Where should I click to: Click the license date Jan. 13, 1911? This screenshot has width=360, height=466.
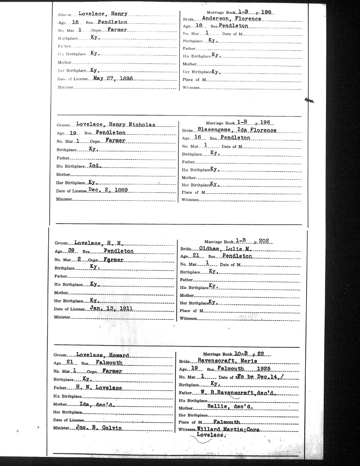111,309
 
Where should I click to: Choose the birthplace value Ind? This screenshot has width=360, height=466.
94,165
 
